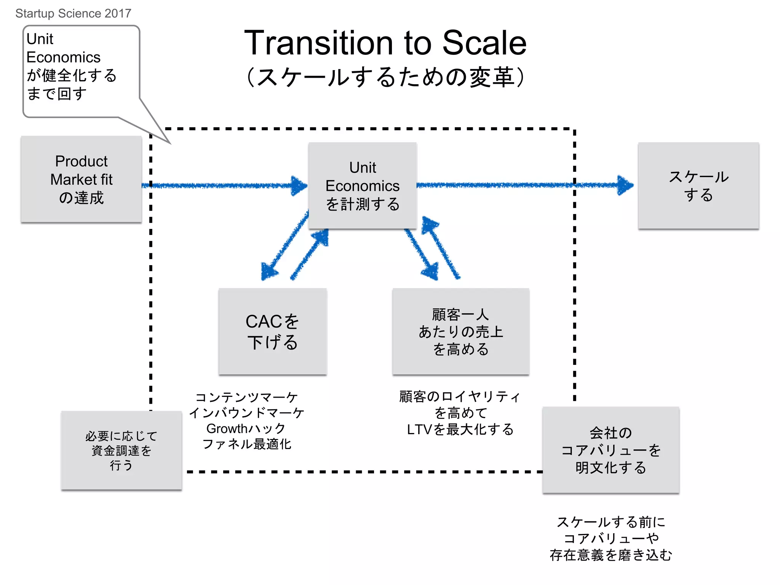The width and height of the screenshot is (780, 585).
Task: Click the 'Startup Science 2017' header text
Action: (73, 13)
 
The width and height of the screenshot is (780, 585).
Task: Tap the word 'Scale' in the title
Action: (484, 43)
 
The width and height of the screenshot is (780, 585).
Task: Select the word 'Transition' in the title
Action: (318, 43)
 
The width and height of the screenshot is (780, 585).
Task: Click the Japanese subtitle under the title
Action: (385, 77)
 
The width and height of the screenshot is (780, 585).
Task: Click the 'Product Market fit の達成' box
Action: (81, 179)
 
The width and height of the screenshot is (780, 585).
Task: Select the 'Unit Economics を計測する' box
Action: (362, 186)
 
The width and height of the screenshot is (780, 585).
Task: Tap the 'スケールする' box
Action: (698, 186)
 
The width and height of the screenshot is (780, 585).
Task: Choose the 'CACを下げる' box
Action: (272, 331)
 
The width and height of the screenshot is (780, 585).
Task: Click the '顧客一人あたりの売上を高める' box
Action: (460, 331)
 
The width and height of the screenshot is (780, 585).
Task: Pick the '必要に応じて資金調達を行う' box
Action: (121, 451)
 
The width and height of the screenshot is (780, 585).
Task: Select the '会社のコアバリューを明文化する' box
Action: (611, 450)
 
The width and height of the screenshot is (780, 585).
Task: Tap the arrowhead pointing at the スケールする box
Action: (625, 185)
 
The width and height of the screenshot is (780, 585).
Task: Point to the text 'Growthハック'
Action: (246, 428)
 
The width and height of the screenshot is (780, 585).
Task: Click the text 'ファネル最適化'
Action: (247, 444)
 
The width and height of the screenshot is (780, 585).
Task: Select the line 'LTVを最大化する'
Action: (460, 429)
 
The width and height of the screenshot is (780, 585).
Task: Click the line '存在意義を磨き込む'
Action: (611, 555)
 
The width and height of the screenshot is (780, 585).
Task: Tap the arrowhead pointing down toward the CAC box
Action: (269, 271)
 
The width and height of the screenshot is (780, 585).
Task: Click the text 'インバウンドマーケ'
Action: (247, 413)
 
